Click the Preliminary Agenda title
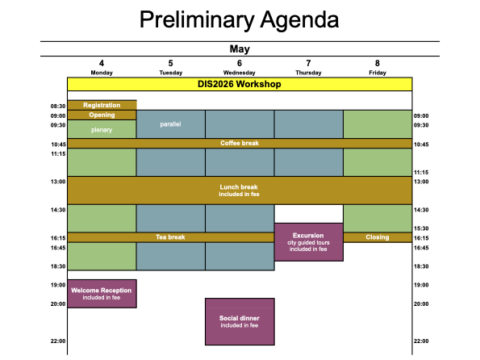[239, 19]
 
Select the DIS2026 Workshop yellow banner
[240, 84]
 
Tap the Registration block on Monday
[102, 105]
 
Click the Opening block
[102, 115]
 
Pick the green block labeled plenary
[102, 129]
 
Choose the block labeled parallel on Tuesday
[171, 124]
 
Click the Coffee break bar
[240, 143]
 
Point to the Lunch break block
[240, 190]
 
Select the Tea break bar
[171, 237]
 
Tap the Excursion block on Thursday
[308, 242]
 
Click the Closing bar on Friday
[378, 237]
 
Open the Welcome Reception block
[102, 294]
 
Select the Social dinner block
[240, 322]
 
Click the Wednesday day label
[239, 73]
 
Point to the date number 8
[378, 63]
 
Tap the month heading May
[240, 49]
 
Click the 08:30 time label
[58, 107]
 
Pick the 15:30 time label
[421, 228]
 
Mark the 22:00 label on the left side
[58, 341]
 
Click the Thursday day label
[308, 73]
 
